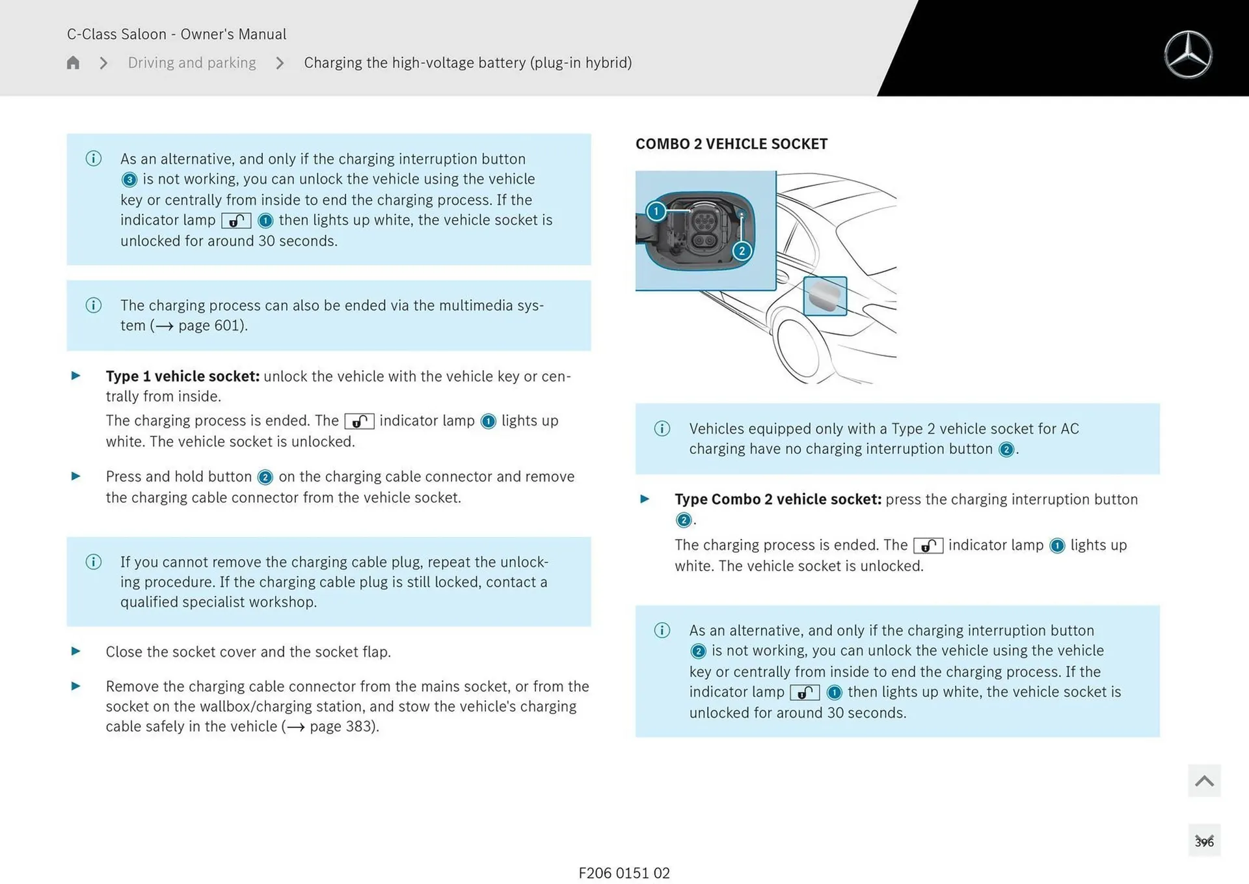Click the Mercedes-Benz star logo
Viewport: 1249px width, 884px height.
click(x=1188, y=55)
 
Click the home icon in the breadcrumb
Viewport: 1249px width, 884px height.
click(x=73, y=62)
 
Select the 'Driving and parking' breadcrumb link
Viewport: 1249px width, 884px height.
click(x=192, y=62)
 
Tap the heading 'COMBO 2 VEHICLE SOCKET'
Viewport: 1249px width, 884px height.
click(x=731, y=144)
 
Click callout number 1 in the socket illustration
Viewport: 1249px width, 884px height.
click(x=656, y=212)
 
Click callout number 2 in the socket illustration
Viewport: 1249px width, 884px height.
click(x=742, y=251)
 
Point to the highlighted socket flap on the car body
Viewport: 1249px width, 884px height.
click(x=825, y=296)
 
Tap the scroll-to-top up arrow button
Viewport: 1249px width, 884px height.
click(x=1203, y=780)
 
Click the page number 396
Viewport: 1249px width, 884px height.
click(x=1203, y=842)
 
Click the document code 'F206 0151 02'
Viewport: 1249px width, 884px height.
click(x=624, y=873)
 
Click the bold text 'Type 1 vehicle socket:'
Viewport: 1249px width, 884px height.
click(x=182, y=376)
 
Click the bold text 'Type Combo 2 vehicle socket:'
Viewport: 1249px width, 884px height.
click(x=777, y=499)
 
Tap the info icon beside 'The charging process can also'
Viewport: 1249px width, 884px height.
click(x=94, y=305)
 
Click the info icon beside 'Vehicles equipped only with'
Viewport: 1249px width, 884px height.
click(x=662, y=428)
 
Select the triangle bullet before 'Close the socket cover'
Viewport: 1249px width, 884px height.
click(x=76, y=651)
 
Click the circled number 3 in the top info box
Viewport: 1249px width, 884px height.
click(x=129, y=180)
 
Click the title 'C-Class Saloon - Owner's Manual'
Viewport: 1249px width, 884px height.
click(x=176, y=34)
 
